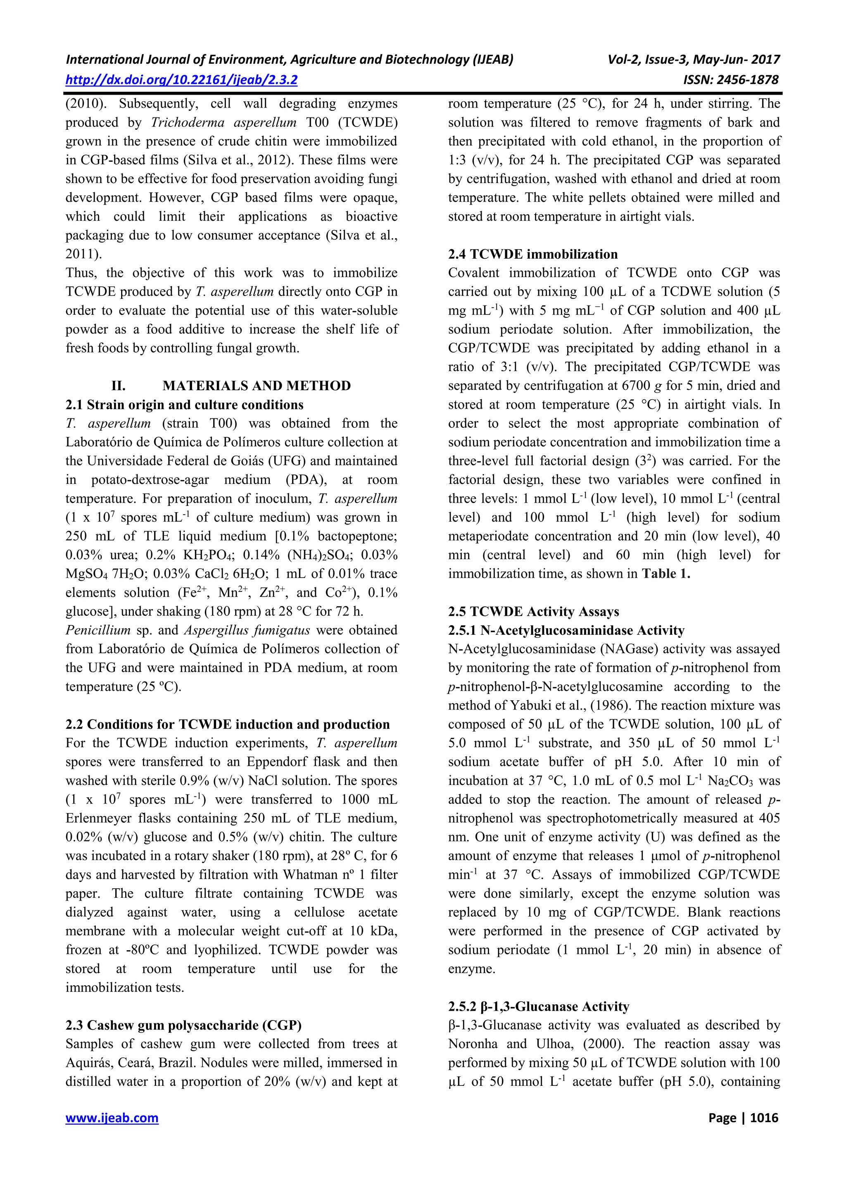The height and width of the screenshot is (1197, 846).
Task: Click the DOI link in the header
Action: (181, 80)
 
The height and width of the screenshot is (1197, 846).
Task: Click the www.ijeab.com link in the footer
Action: (112, 1118)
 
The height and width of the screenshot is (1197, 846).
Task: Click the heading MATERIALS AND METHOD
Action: (256, 386)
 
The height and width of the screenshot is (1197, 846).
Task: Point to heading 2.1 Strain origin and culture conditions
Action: (184, 405)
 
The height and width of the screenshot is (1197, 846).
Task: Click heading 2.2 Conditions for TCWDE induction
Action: (228, 724)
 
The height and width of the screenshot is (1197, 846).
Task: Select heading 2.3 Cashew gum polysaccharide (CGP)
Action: (183, 1025)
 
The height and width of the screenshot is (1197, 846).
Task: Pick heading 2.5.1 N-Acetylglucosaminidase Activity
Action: (566, 630)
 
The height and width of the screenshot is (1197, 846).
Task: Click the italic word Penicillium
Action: (98, 630)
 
